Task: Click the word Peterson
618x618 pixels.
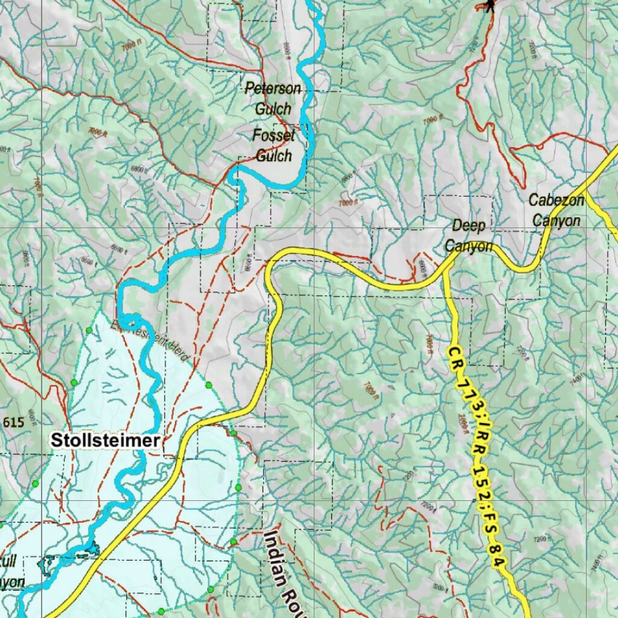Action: [272, 89]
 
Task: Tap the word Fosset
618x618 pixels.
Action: [273, 136]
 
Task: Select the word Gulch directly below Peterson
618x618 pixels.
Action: [273, 109]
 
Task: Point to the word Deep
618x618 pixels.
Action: [469, 226]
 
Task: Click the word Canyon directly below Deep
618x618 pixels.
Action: [468, 246]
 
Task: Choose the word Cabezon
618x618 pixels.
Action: [556, 200]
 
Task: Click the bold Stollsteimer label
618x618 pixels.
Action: [106, 441]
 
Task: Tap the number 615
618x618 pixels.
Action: [13, 422]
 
